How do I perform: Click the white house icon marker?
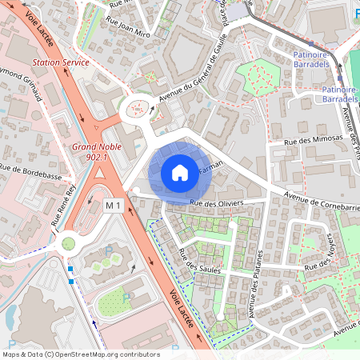180,172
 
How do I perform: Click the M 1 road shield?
113,206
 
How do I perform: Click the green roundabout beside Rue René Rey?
68,241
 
